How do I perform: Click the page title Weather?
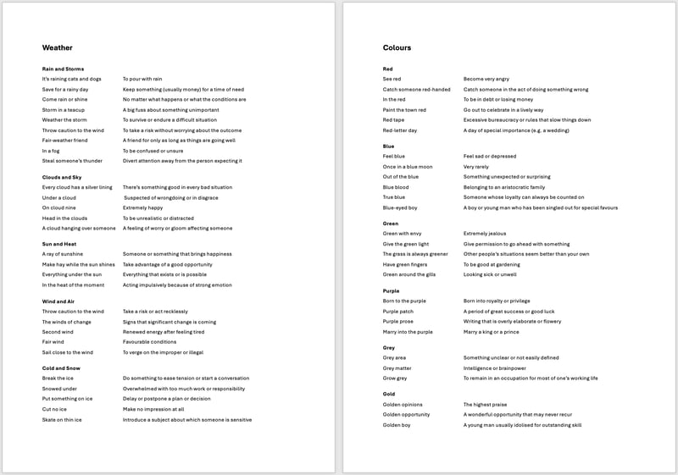click(x=58, y=48)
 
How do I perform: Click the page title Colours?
click(x=397, y=48)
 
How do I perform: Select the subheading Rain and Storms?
click(x=63, y=69)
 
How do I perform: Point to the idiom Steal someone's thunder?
click(x=72, y=161)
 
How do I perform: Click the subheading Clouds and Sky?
click(x=62, y=177)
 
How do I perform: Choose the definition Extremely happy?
click(x=143, y=207)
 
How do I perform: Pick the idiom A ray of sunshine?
click(x=63, y=254)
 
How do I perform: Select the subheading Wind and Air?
click(x=59, y=301)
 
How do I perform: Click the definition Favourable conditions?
click(x=150, y=342)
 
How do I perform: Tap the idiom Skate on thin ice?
click(x=62, y=419)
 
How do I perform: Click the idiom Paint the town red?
click(x=404, y=110)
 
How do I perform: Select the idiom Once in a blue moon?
click(x=408, y=167)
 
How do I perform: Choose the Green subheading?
click(x=391, y=224)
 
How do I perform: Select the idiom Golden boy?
click(x=397, y=425)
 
